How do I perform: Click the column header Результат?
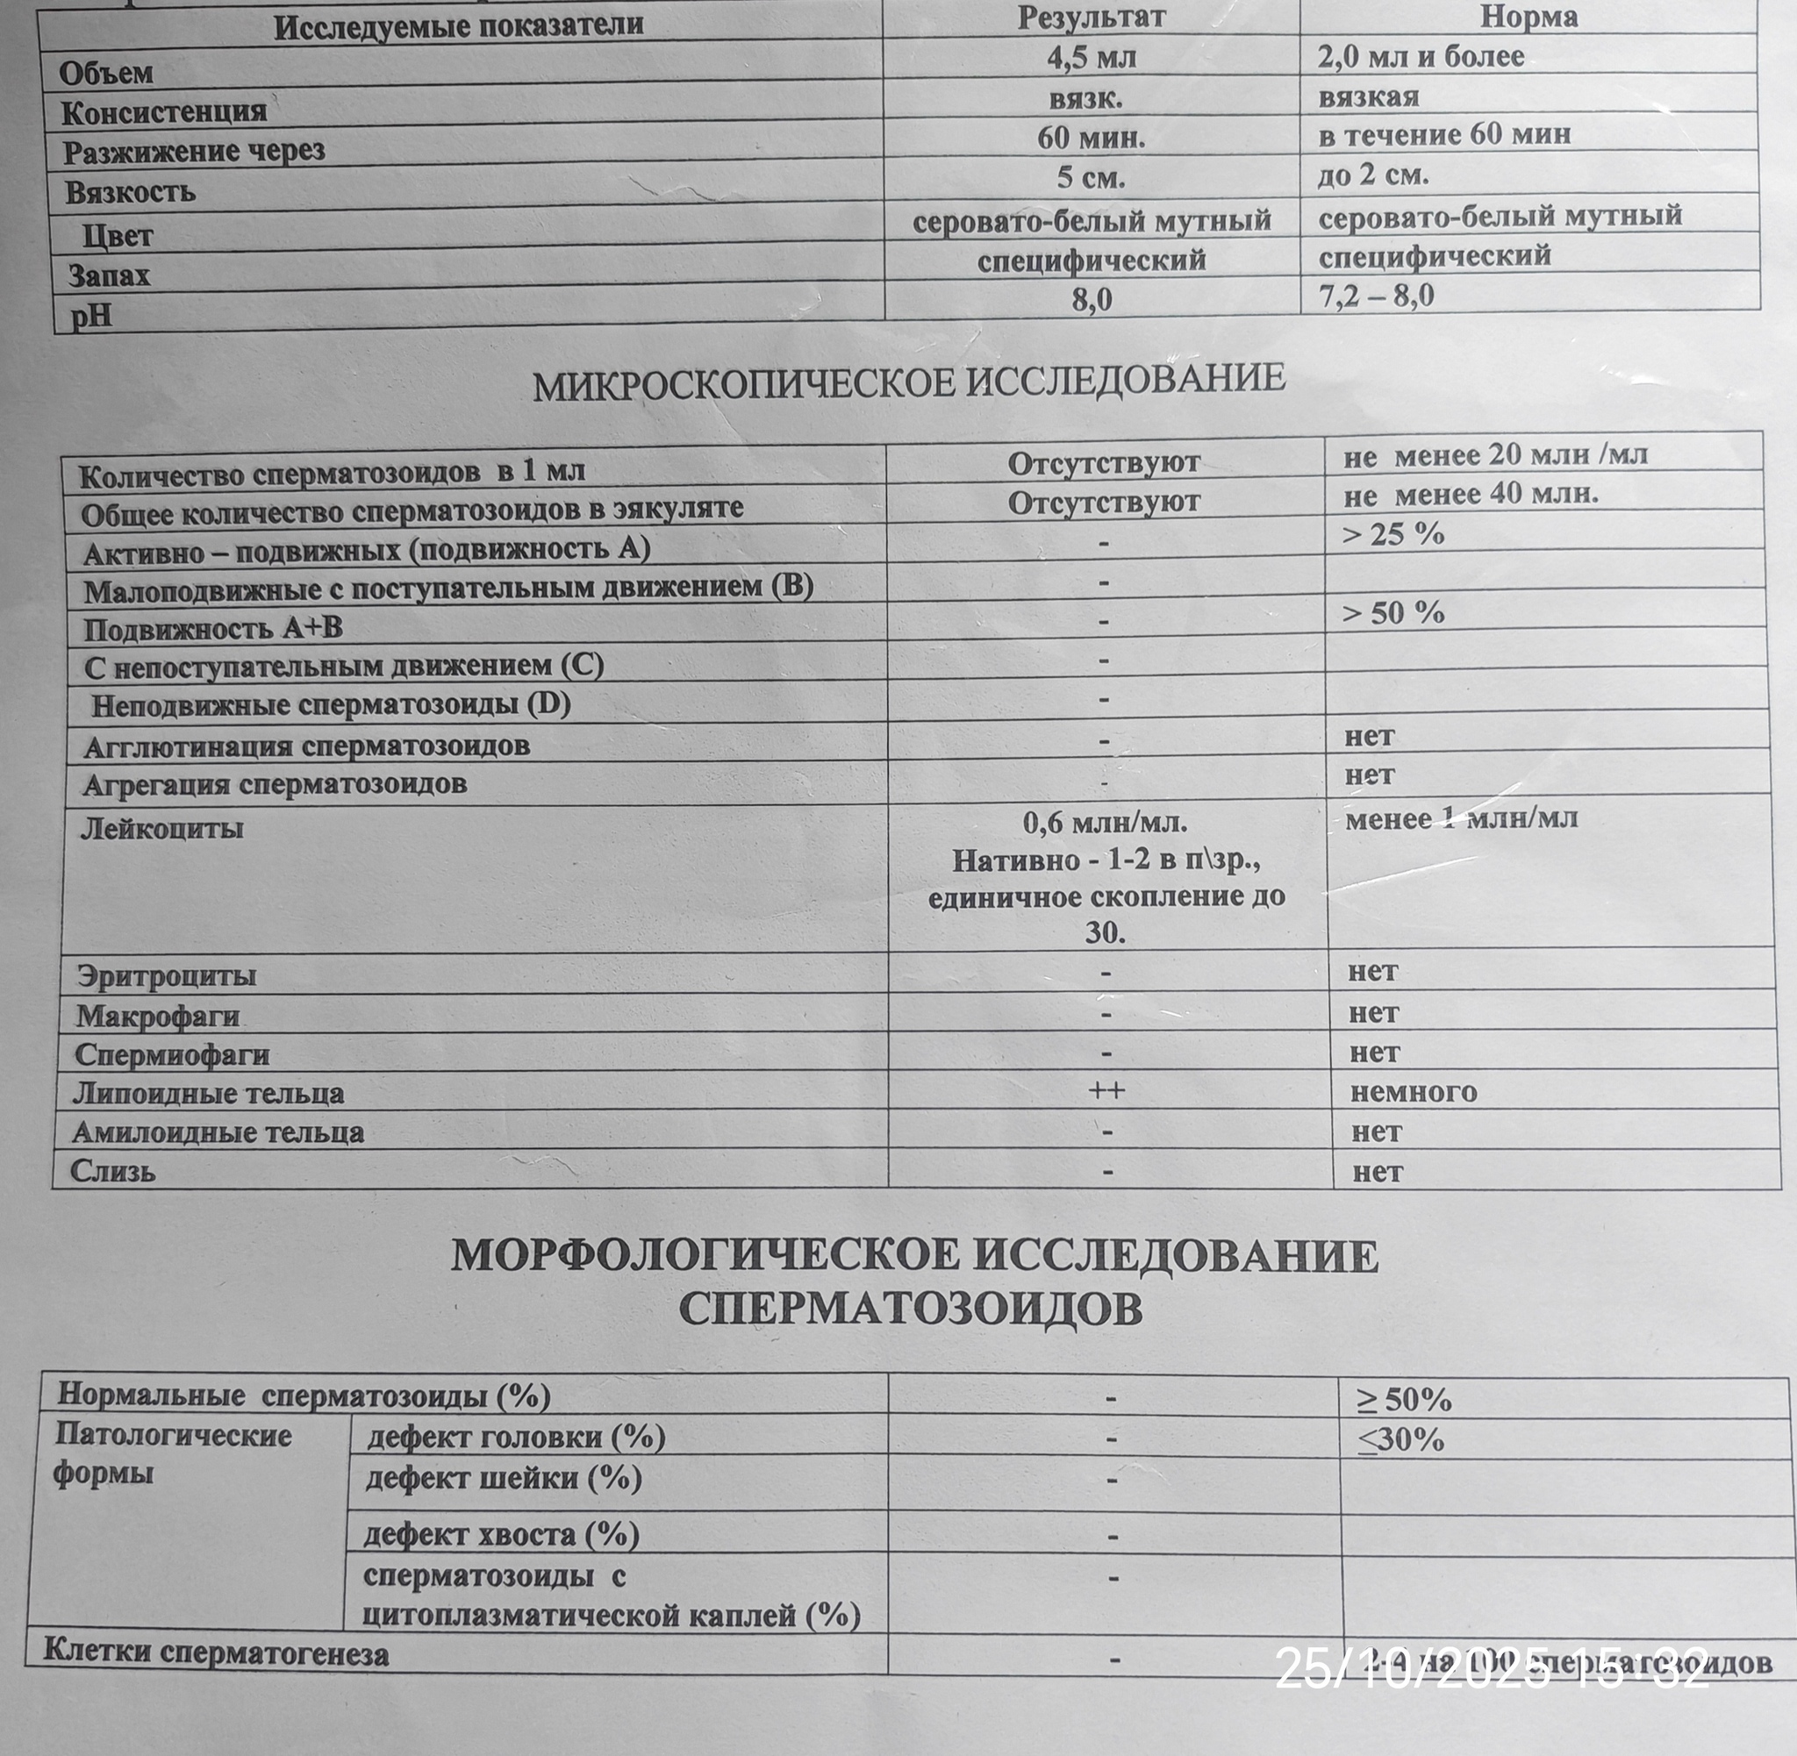click(x=1092, y=18)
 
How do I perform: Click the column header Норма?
click(x=1529, y=18)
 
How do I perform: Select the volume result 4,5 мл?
click(x=1092, y=58)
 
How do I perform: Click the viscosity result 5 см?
click(x=1092, y=176)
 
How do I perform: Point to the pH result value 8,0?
click(x=1092, y=300)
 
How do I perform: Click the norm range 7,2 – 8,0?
click(x=1378, y=296)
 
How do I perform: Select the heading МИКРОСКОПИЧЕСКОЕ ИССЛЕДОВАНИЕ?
click(x=909, y=382)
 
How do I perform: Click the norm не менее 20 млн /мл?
click(x=1495, y=454)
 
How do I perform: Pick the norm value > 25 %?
click(x=1393, y=534)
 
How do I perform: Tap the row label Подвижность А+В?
click(x=213, y=629)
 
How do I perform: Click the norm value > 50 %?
click(x=1393, y=613)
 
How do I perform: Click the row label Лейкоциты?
click(x=162, y=828)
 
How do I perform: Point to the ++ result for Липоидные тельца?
click(x=1106, y=1090)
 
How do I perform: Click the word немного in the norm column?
click(x=1414, y=1092)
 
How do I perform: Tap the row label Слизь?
click(x=113, y=1171)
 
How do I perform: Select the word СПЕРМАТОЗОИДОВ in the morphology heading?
click(x=911, y=1309)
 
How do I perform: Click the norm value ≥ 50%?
click(x=1403, y=1401)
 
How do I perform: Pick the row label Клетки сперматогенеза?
click(x=216, y=1653)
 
